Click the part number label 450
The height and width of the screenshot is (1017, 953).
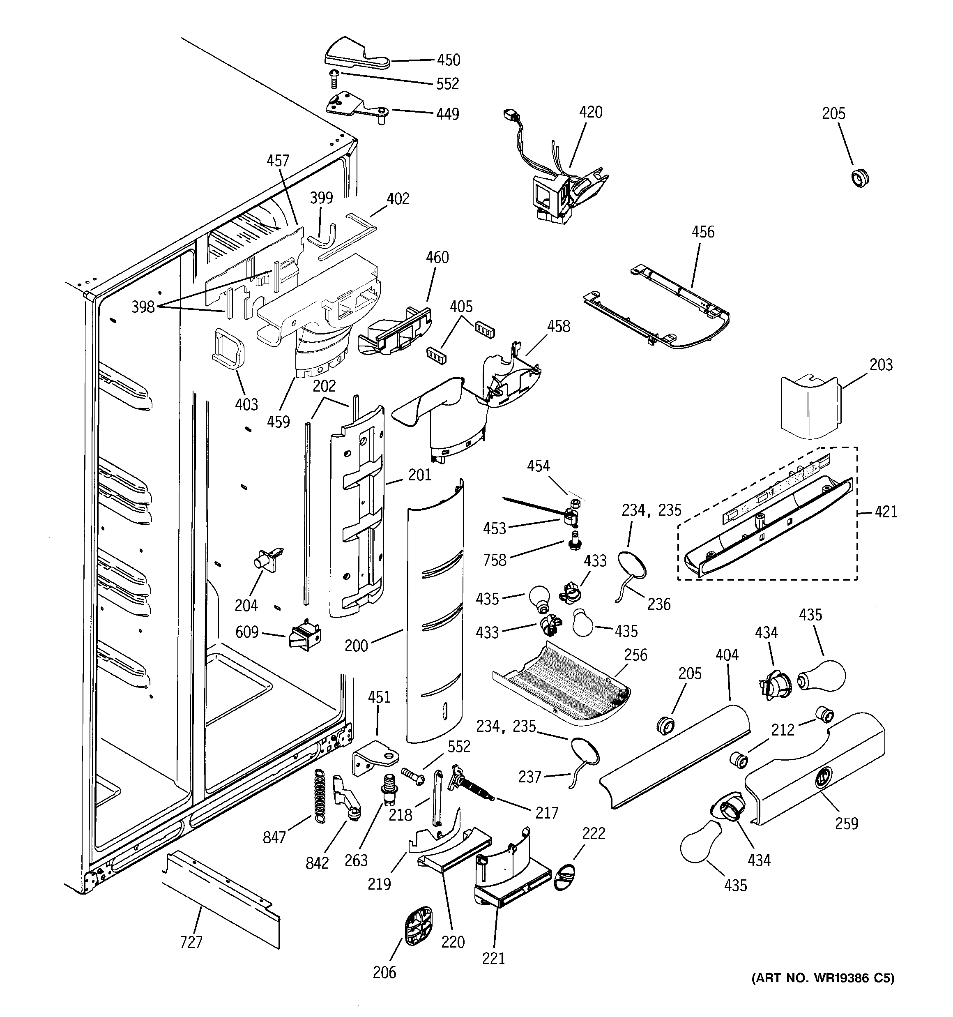click(448, 60)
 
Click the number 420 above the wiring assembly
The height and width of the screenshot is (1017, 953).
click(590, 112)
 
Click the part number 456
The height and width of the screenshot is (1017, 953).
click(703, 232)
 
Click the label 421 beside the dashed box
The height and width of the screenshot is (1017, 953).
click(886, 512)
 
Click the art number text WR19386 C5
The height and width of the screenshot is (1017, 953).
click(822, 978)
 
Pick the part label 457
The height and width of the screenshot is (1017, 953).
click(278, 161)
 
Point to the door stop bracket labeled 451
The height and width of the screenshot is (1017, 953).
click(376, 758)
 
